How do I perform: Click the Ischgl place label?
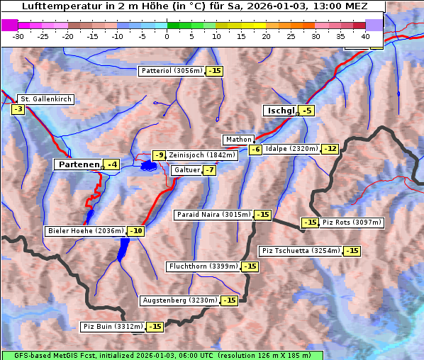pyautogui.click(x=280, y=111)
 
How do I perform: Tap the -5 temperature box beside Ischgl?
pyautogui.click(x=306, y=111)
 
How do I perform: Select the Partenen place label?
pyautogui.click(x=78, y=164)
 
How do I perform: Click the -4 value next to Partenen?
pyautogui.click(x=111, y=164)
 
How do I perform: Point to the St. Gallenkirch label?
pyautogui.click(x=46, y=99)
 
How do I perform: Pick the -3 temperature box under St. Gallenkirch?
pyautogui.click(x=18, y=109)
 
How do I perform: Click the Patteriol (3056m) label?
pyautogui.click(x=172, y=71)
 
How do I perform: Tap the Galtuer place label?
pyautogui.click(x=186, y=170)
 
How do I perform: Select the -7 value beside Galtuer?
pyautogui.click(x=209, y=170)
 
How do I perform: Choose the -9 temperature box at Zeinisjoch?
pyautogui.click(x=160, y=155)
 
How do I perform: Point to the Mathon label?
pyautogui.click(x=238, y=140)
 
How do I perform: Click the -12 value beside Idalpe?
pyautogui.click(x=330, y=149)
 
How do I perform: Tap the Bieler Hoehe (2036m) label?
pyautogui.click(x=85, y=230)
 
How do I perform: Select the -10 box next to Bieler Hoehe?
pyautogui.click(x=136, y=230)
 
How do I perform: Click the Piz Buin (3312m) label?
pyautogui.click(x=113, y=327)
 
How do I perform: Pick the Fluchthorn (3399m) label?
pyautogui.click(x=203, y=266)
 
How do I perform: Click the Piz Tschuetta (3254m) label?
pyautogui.click(x=301, y=251)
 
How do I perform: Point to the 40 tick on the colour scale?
pyautogui.click(x=365, y=36)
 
